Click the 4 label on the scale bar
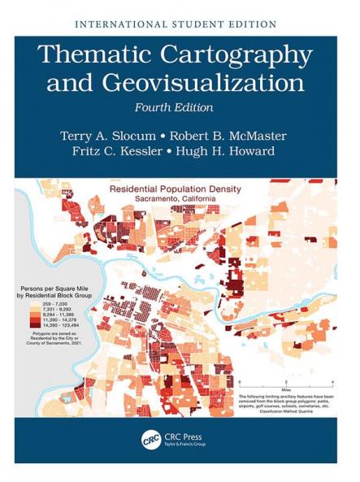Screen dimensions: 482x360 pyautogui.click(x=334, y=381)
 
